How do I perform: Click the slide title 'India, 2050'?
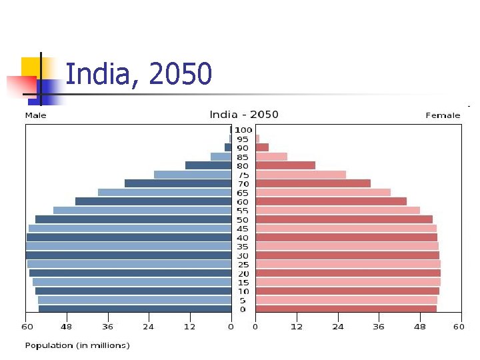pos(139,74)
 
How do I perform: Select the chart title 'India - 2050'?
pos(244,115)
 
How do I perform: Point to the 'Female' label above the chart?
pos(443,115)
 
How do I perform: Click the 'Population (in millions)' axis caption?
pos(77,345)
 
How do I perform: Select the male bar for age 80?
pos(208,165)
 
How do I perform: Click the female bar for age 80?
pos(285,165)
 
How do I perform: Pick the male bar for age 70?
pos(177,183)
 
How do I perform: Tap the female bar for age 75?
pos(301,175)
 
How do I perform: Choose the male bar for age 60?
pos(153,201)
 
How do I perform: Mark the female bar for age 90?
pos(262,147)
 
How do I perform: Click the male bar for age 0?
pos(135,309)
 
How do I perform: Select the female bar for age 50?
pos(344,219)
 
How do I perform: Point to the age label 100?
pos(243,129)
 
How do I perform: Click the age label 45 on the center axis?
pos(243,229)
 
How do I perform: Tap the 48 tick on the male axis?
pos(67,327)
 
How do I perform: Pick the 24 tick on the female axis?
pos(338,327)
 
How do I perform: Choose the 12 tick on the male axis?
pos(190,327)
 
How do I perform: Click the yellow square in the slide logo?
pos(31,67)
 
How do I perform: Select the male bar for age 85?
pos(221,157)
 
